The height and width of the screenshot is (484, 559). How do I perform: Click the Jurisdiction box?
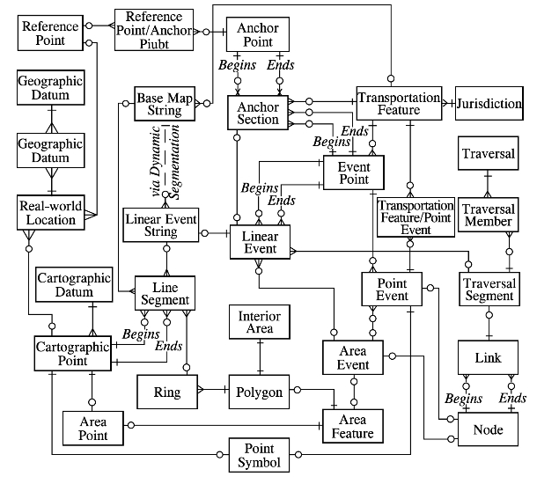click(x=489, y=104)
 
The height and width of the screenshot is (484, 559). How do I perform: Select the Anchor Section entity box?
click(x=258, y=114)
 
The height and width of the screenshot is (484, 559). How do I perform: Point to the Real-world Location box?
click(x=51, y=213)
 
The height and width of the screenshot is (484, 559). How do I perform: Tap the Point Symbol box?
click(x=260, y=454)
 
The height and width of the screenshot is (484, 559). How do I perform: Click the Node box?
click(x=487, y=429)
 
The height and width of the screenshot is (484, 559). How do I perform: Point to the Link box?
click(x=487, y=358)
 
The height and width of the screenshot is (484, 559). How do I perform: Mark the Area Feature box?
click(x=352, y=426)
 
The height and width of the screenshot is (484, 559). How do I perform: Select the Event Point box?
click(x=354, y=173)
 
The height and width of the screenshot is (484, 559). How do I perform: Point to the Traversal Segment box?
click(x=489, y=290)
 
